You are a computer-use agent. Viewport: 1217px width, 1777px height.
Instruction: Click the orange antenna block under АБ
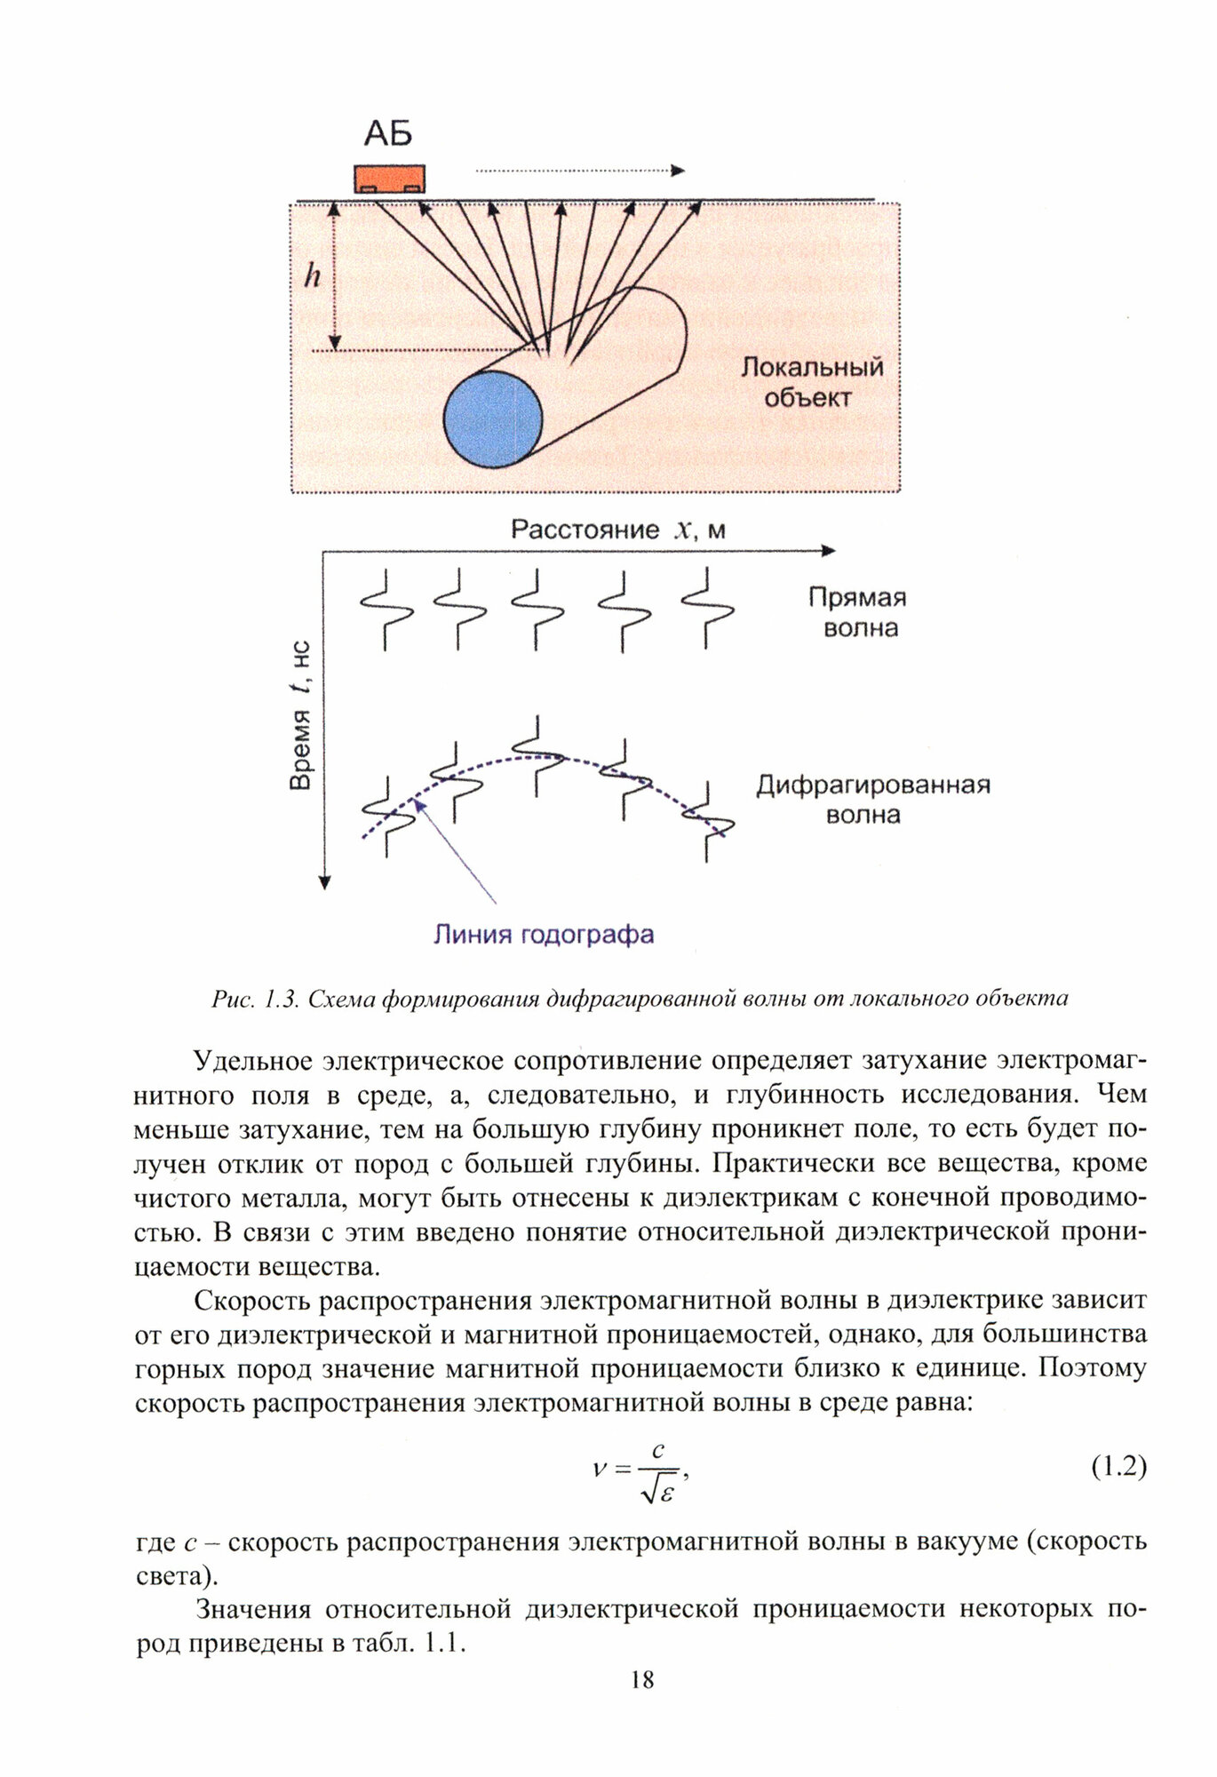[389, 178]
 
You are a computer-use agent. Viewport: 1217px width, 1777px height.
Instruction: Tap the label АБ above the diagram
[388, 134]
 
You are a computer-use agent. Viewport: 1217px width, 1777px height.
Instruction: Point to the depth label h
[312, 276]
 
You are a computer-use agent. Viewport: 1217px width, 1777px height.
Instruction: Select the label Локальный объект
[811, 382]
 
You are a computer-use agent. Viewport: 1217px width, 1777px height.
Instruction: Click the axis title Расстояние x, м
[617, 530]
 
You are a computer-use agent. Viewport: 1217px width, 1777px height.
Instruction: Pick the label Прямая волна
[857, 613]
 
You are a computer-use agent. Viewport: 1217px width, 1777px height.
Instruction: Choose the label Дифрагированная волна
[872, 800]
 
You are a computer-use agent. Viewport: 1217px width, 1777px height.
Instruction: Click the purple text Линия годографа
[543, 935]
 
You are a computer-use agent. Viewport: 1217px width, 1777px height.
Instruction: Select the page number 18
[641, 1679]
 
